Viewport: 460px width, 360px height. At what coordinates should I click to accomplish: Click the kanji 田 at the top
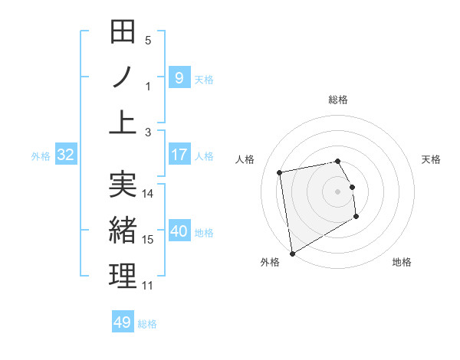coord(123,33)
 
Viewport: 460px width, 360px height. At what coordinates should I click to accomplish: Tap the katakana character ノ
coord(123,77)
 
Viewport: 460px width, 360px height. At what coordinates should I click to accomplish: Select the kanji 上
coord(123,121)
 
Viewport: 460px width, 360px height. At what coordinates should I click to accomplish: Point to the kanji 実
coord(123,185)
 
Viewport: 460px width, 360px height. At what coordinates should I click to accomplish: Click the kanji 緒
coord(123,229)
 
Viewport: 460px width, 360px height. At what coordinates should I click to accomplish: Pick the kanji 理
coord(123,274)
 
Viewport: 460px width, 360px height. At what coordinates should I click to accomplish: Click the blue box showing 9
coord(179,78)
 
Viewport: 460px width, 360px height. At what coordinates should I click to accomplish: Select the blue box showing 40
coord(179,232)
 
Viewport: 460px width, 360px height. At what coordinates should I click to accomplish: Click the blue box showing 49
coord(123,322)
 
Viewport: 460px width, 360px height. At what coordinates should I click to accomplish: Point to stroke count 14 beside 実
coord(149,194)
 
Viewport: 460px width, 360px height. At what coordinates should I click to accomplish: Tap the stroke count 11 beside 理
coord(148,286)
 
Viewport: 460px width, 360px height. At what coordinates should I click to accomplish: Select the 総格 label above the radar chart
coord(338,100)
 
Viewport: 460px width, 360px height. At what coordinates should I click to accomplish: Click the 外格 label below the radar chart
coord(270,262)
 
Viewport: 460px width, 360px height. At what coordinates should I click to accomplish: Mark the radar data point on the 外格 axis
coord(292,253)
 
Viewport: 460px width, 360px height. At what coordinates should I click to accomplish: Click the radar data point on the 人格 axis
coord(281,172)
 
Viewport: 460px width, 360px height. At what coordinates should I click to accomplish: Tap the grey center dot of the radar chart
coord(337,191)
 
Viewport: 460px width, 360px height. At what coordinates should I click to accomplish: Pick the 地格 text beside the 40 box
coord(204,233)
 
